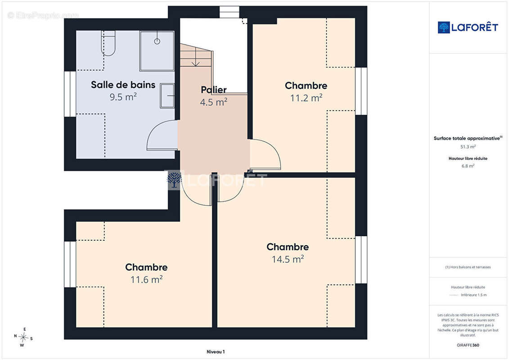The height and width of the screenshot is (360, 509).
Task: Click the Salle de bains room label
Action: click(123, 85)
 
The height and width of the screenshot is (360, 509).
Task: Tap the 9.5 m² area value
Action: click(123, 97)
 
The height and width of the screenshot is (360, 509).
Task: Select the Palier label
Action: click(214, 90)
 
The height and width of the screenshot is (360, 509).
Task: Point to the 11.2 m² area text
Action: click(306, 98)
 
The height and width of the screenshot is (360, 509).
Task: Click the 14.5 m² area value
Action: click(288, 259)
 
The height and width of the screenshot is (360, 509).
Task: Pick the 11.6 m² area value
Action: click(146, 279)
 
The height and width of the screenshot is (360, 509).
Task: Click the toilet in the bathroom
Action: click(108, 43)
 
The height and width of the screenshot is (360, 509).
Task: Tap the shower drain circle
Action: click(157, 41)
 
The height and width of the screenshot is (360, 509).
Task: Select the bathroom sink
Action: click(167, 96)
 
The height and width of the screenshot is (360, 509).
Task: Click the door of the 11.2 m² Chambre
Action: click(265, 154)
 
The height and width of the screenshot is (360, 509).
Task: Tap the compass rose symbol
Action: click(23, 337)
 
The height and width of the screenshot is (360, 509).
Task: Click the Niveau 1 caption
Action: click(216, 351)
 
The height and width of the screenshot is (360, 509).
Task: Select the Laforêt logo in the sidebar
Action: click(468, 27)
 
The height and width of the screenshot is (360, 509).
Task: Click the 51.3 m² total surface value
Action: click(468, 147)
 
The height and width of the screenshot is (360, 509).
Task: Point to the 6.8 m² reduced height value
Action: click(468, 166)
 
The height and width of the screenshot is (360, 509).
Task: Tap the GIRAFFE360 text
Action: click(468, 345)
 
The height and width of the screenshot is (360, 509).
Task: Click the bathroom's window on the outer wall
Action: click(70, 94)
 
